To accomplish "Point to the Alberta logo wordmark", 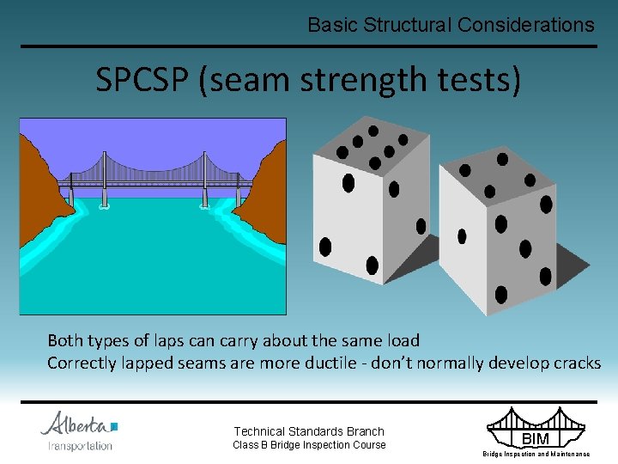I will pyautogui.click(x=78, y=424).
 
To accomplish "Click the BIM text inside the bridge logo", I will pyautogui.click(x=536, y=439).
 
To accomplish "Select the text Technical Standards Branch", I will pyautogui.click(x=309, y=431).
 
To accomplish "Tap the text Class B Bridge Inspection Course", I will pyautogui.click(x=309, y=445).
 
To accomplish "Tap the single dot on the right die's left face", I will pyautogui.click(x=462, y=235).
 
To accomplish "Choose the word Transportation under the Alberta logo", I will pyautogui.click(x=80, y=445).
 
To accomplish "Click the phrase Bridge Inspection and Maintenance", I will pyautogui.click(x=536, y=454).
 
